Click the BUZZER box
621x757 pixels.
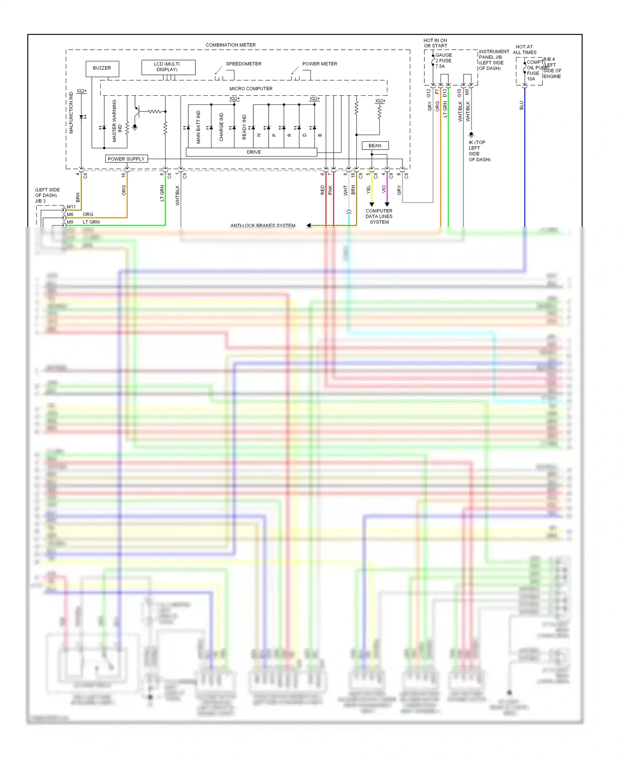(102, 68)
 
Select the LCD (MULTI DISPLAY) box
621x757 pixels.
(168, 67)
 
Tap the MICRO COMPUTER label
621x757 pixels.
(251, 89)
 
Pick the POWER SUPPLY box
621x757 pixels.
(126, 159)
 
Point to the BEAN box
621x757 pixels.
(375, 146)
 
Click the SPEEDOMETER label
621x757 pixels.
(243, 64)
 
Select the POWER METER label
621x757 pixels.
(320, 64)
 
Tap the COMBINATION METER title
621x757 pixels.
(231, 45)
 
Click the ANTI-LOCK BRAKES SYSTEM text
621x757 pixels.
(263, 226)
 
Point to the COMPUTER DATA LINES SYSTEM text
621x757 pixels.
(379, 217)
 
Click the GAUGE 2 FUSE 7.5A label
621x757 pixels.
(444, 60)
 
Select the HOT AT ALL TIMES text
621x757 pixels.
(525, 50)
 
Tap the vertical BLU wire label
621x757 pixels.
(521, 106)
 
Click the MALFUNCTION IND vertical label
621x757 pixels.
(71, 113)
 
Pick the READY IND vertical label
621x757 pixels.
(244, 127)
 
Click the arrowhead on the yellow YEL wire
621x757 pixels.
(372, 204)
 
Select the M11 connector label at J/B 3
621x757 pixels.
(71, 207)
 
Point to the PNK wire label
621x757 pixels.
(330, 190)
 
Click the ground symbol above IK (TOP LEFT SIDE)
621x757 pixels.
(471, 135)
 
